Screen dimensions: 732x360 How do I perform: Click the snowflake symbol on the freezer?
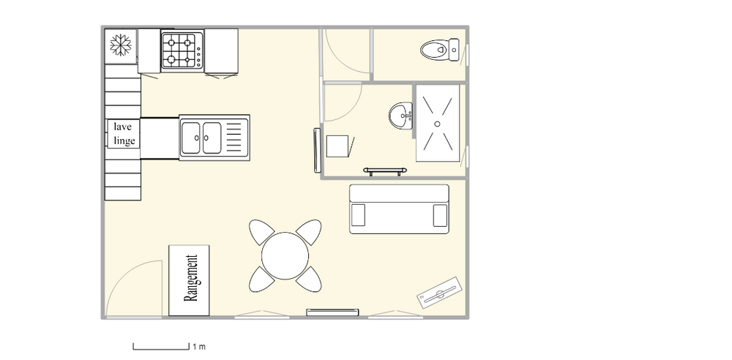pos(121,45)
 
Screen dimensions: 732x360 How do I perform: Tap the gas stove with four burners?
pos(182,51)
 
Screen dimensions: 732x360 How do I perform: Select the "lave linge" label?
pos(124,134)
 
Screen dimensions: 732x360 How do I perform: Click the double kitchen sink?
pos(214,138)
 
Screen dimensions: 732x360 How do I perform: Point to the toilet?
pos(440,50)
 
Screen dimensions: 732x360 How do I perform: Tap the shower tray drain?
pos(438,124)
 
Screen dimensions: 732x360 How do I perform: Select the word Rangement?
pos(191,278)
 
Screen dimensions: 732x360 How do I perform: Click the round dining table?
pos(285,256)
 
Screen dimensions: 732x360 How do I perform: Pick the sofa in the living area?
pos(399,209)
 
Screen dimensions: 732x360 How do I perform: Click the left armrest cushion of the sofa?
pos(359,215)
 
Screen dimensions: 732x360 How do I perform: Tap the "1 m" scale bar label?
pos(199,347)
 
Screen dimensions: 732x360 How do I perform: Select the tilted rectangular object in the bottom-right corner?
pos(438,293)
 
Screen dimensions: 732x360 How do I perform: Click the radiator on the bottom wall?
pos(332,312)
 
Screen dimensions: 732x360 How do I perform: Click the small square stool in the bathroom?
pos(337,146)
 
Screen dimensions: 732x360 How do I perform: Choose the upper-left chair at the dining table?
pos(262,232)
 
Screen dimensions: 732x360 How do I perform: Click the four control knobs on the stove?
pos(199,55)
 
